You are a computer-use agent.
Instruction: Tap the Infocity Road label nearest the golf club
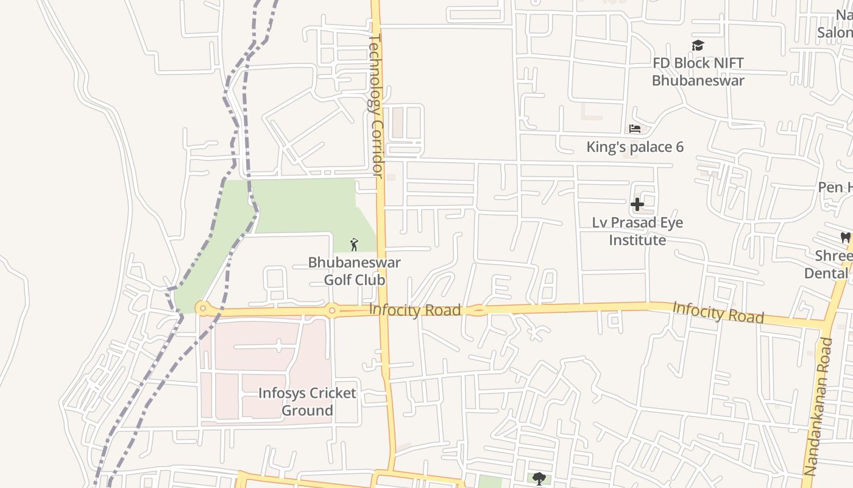(414, 310)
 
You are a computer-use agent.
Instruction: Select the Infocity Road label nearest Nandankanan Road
(718, 312)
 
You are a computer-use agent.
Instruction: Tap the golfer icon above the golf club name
(354, 245)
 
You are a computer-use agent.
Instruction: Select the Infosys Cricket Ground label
(306, 401)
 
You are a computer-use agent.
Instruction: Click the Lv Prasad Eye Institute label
(637, 231)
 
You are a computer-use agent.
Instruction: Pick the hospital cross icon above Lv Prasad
(637, 204)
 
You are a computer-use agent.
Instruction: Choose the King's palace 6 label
(635, 147)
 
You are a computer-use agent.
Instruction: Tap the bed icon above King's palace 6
(635, 129)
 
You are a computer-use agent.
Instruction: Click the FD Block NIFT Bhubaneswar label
(698, 71)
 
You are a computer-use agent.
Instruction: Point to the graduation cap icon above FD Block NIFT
(698, 45)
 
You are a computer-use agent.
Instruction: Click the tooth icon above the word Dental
(845, 237)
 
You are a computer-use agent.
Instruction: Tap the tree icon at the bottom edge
(538, 478)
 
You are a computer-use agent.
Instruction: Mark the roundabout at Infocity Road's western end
(202, 308)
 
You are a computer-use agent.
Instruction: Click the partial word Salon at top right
(834, 32)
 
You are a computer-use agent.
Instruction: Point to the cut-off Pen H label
(835, 187)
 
